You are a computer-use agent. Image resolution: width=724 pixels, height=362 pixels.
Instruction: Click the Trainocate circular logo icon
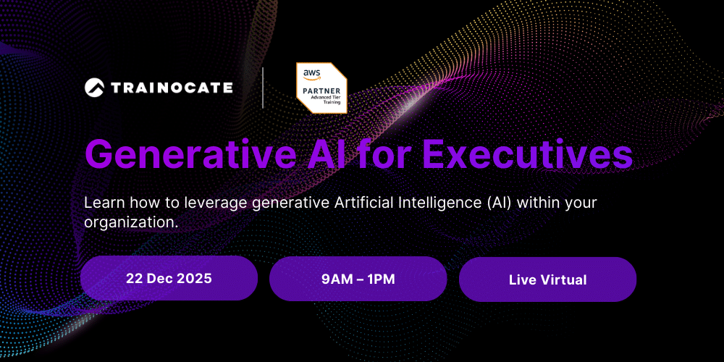(95, 88)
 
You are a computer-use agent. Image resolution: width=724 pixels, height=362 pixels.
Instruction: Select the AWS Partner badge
(322, 88)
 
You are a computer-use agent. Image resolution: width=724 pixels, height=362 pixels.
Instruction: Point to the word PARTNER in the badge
(322, 90)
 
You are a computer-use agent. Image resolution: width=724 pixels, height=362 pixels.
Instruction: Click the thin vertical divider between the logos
(263, 88)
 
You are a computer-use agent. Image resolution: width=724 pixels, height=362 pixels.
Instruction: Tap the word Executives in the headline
(527, 154)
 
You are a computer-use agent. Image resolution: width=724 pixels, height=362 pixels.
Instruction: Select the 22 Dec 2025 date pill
(169, 279)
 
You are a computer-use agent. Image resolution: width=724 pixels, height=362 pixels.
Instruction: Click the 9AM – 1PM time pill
(358, 279)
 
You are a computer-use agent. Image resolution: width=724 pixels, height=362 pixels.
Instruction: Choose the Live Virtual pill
(547, 279)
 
